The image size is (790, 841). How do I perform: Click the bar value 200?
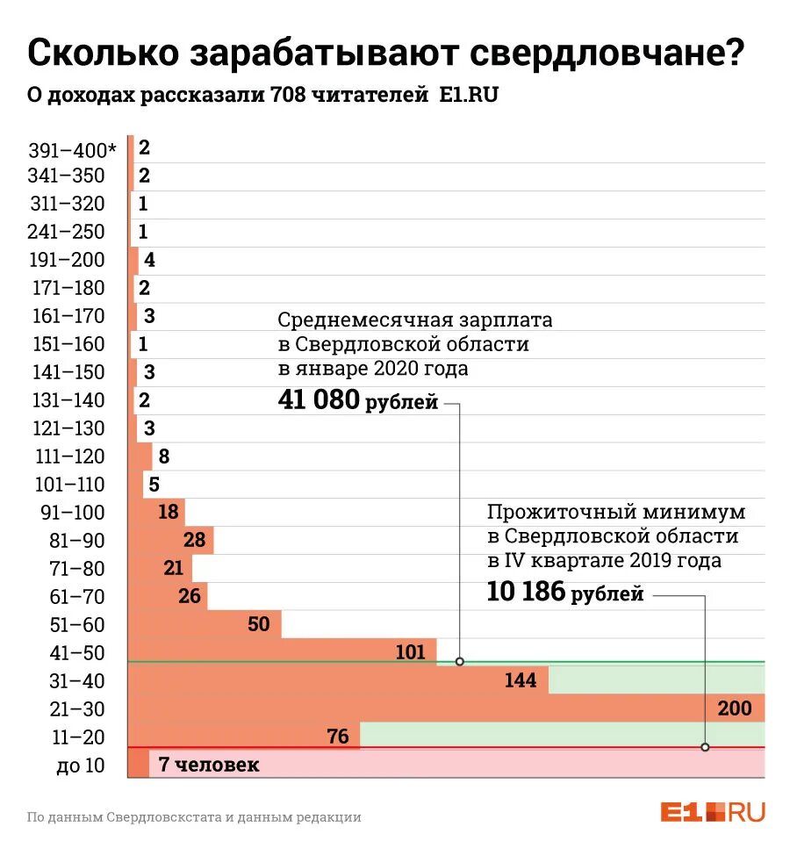coord(734,708)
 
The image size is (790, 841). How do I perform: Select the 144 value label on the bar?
coord(521,680)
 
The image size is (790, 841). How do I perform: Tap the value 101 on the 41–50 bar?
coord(410,652)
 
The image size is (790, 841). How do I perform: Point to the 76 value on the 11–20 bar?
coord(338,737)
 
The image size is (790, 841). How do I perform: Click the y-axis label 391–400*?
coord(72,148)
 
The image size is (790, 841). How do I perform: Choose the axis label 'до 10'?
coord(81,766)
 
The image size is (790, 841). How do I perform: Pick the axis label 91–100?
coord(73,513)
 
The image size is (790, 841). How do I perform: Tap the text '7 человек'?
coord(209,765)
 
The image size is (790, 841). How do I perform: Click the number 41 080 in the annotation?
coord(319,400)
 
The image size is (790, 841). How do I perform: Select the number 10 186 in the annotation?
coord(527,593)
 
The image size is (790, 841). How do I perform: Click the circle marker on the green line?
coord(460,661)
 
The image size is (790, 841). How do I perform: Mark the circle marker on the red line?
coord(705,747)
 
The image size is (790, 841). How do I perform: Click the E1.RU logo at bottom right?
coord(713,812)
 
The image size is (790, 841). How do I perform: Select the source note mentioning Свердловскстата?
coord(194,816)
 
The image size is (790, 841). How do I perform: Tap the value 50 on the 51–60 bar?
coord(259,624)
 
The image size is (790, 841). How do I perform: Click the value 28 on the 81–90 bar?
coord(194,540)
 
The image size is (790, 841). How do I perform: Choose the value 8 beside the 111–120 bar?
coord(164,456)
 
